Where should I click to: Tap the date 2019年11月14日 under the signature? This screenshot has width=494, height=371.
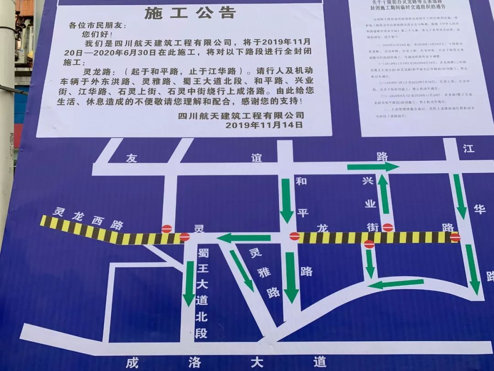264,125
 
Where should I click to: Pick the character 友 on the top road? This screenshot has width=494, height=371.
132,158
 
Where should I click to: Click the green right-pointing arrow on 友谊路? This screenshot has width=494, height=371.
373,167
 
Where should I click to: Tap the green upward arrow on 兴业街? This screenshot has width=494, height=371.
383,195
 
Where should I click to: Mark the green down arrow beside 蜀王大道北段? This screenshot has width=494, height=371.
189,284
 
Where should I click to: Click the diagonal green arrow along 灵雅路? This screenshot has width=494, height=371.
242,271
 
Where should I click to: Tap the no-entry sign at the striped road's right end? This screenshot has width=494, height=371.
455,237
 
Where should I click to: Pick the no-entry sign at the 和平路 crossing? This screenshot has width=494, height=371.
295,236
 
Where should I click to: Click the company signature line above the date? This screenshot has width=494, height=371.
241,115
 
